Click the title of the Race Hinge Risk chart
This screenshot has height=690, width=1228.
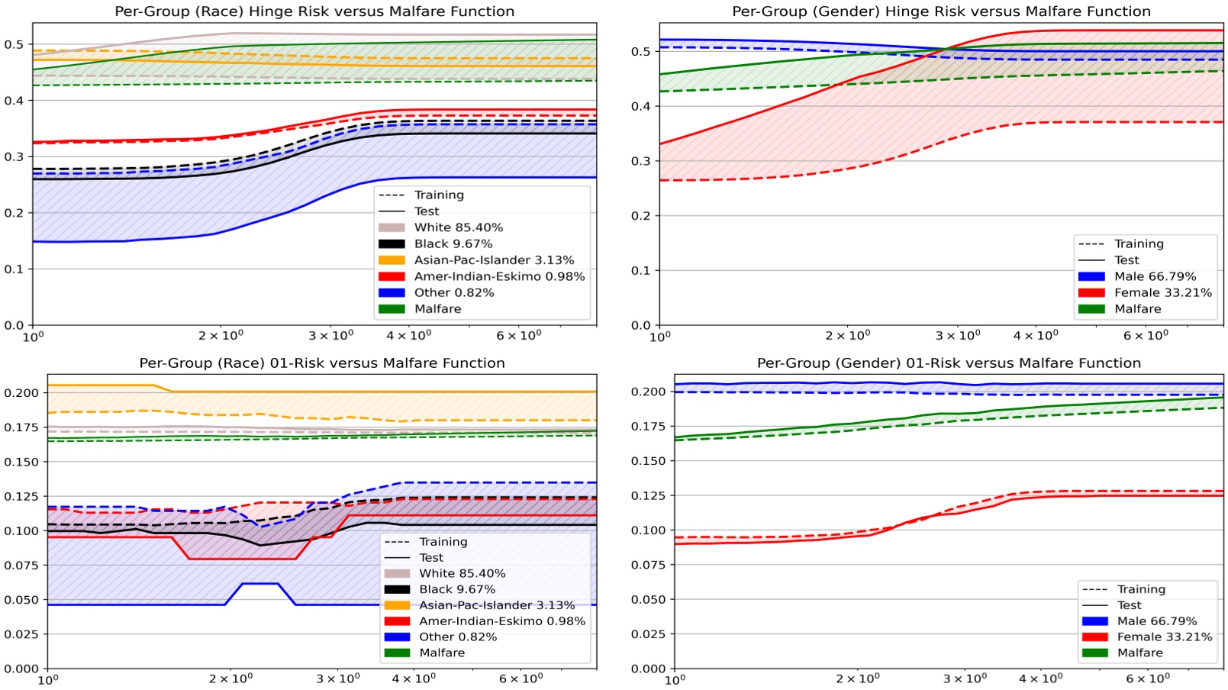click(314, 11)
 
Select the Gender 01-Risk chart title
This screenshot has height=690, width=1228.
click(949, 363)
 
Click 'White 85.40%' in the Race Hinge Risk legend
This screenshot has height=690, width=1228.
click(458, 227)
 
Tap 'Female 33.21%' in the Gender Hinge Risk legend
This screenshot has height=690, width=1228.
click(1162, 292)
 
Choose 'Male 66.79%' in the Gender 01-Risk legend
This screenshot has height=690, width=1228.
click(1157, 621)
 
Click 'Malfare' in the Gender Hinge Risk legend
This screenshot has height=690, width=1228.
click(1137, 308)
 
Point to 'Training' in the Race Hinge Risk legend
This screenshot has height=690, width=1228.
click(439, 195)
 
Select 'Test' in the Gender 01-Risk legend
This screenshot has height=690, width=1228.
click(1129, 605)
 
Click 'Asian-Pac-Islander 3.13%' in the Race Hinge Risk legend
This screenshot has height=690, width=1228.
click(494, 260)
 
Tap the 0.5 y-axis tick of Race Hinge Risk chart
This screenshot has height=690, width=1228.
click(14, 44)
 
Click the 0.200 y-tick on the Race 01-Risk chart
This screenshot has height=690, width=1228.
click(21, 392)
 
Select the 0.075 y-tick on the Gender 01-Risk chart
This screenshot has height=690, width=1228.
click(648, 565)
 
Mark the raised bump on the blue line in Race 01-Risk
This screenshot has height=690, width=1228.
click(259, 584)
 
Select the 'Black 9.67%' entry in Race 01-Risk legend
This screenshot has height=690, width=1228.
click(456, 589)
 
